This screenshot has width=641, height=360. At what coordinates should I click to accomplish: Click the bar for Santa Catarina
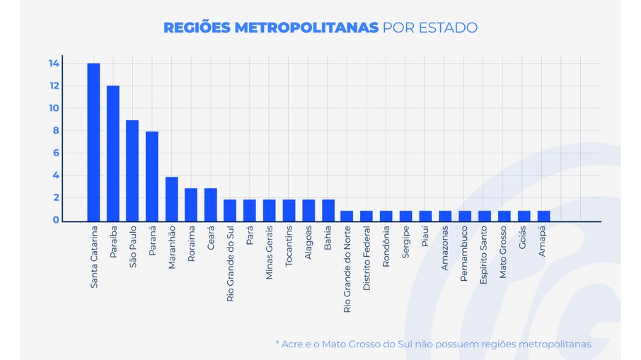[x=93, y=142]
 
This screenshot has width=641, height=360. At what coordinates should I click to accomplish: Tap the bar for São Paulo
[x=132, y=170]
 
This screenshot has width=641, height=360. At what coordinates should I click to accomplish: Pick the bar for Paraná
[x=152, y=176]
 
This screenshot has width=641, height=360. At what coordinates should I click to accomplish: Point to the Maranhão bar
[x=171, y=199]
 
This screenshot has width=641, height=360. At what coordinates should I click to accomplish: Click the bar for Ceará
[x=210, y=204]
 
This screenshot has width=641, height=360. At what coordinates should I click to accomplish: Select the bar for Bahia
[x=328, y=210]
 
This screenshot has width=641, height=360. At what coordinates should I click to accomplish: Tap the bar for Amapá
[x=543, y=216]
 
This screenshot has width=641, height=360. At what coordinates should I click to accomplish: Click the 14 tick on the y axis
[x=54, y=64]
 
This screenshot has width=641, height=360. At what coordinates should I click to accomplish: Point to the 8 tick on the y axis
[x=55, y=131]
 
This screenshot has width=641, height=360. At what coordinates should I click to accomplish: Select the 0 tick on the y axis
[x=55, y=220]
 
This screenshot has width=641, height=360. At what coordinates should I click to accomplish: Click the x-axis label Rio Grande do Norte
[x=347, y=269]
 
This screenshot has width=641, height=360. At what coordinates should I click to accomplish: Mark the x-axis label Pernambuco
[x=464, y=254]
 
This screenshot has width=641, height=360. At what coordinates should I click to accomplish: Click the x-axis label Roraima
[x=191, y=245]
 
